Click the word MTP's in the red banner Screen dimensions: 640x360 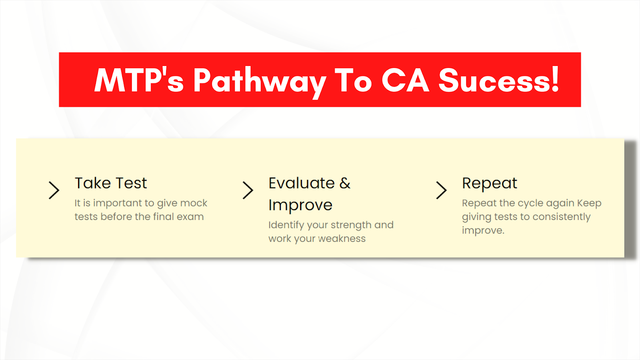click(x=139, y=80)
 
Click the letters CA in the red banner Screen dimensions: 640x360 click(x=405, y=80)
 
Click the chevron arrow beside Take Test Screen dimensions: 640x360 click(x=54, y=190)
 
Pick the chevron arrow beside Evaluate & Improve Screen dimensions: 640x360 click(x=248, y=190)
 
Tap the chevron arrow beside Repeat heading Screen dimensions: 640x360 click(x=442, y=190)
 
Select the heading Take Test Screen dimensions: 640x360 click(x=110, y=183)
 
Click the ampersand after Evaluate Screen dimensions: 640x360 click(x=345, y=183)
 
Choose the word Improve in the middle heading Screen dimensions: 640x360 click(x=300, y=205)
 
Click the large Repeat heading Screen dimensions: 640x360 click(x=490, y=184)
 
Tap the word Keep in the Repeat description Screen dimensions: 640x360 click(x=589, y=204)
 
